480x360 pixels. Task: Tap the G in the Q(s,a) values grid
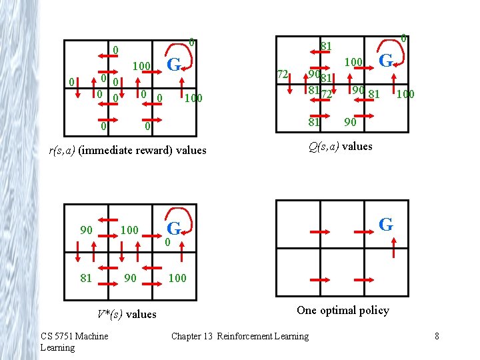(385, 61)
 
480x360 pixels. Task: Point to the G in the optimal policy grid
(385, 225)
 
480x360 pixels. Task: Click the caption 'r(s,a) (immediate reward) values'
(128, 151)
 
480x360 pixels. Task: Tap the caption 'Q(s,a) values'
(340, 147)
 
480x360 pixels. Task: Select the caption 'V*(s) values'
(127, 314)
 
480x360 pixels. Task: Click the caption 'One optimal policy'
(343, 310)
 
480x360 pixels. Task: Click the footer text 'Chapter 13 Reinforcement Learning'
(240, 336)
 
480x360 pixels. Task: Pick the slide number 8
(437, 336)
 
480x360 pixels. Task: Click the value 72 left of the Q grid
(283, 74)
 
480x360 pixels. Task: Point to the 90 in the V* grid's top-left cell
(85, 230)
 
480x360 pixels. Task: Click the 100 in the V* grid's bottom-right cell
(177, 277)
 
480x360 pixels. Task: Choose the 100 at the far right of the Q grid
(405, 95)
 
